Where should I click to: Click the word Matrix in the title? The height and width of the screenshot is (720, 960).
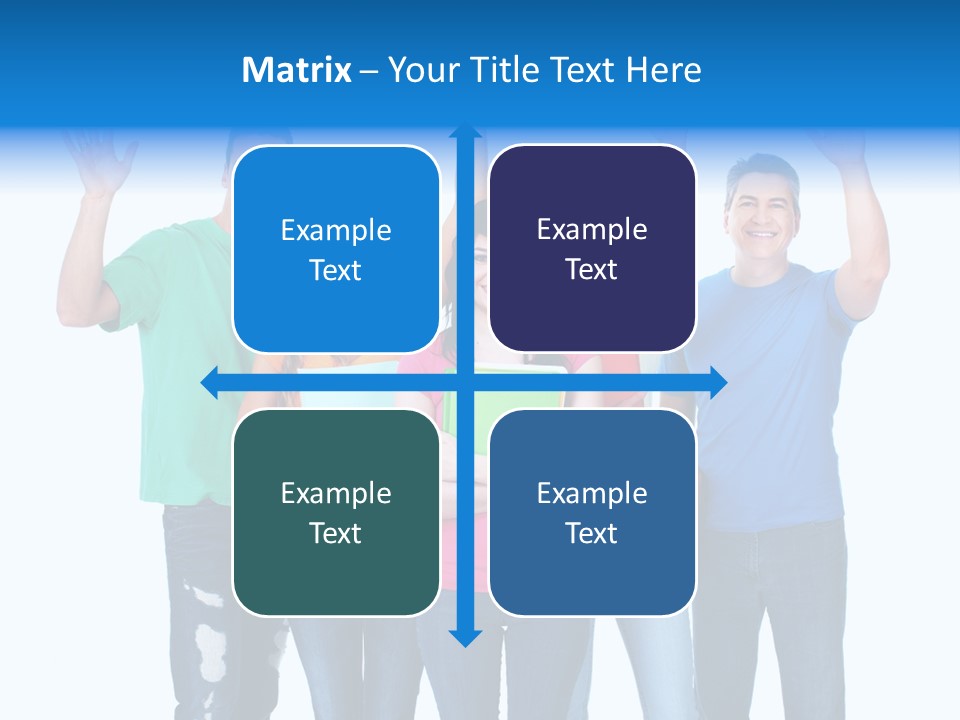tap(296, 70)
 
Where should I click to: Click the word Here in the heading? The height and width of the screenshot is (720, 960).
tap(663, 70)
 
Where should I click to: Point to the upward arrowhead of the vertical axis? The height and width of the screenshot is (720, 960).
tap(465, 133)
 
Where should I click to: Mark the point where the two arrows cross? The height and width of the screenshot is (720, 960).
tap(465, 382)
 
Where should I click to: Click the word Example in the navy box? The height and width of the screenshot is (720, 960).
tap(592, 230)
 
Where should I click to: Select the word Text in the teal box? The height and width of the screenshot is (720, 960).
tap(336, 533)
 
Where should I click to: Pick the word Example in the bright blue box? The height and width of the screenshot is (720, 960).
tap(336, 231)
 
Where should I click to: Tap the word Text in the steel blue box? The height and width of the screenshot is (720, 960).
tap(592, 533)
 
